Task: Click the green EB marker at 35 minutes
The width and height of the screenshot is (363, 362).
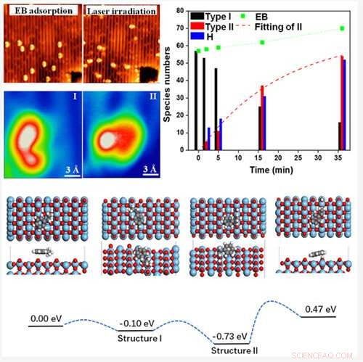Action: (342, 28)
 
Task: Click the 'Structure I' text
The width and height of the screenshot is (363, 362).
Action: (139, 338)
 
